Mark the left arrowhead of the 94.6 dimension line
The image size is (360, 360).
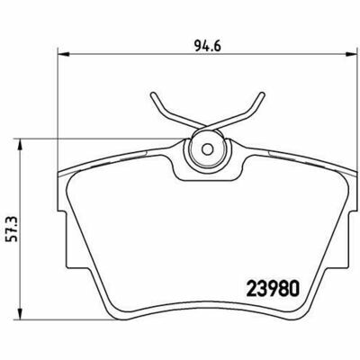61,53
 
